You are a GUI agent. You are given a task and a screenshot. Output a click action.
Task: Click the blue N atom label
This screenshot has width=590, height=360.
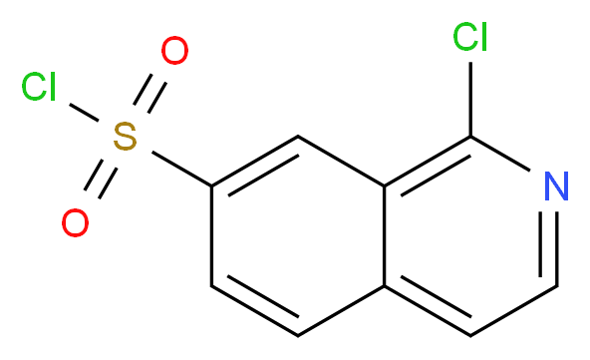[557, 185]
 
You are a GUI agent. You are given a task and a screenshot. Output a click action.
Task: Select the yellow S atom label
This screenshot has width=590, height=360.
[125, 138]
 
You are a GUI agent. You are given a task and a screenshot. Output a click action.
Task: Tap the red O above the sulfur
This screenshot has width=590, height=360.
[175, 51]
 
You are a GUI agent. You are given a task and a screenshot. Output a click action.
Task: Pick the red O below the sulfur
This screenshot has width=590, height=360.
[75, 223]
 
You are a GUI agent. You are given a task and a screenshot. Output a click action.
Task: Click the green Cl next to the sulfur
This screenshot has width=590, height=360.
[39, 89]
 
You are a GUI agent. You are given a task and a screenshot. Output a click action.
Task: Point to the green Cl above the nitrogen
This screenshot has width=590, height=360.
[469, 38]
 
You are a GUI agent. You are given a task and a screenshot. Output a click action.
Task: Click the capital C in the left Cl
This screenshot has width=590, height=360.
[33, 89]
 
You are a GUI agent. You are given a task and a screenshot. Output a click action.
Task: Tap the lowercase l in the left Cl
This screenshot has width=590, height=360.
[52, 88]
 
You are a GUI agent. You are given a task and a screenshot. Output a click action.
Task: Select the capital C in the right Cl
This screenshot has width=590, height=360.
[463, 38]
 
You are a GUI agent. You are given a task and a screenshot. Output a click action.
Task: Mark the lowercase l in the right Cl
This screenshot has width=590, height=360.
[483, 37]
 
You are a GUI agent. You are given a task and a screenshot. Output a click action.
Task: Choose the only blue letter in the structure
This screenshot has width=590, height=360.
[557, 185]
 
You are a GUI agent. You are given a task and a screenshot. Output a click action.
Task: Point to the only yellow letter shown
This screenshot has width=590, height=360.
[125, 138]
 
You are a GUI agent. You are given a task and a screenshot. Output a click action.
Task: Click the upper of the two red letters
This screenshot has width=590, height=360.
[175, 51]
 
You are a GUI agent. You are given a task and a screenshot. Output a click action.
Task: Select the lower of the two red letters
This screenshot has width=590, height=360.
[75, 223]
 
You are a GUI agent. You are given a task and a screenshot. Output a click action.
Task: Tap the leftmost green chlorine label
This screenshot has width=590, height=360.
[39, 89]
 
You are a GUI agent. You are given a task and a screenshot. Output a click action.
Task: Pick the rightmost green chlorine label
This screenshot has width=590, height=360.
[469, 38]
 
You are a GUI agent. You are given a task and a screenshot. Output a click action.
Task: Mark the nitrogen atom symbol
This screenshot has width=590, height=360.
[557, 185]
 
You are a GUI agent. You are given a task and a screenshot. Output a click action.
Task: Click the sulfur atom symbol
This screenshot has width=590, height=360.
[125, 138]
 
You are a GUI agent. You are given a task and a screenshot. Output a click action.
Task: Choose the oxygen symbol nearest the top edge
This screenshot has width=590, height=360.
[175, 51]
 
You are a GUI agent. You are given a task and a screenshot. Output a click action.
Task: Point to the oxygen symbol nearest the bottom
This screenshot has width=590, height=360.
[75, 223]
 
